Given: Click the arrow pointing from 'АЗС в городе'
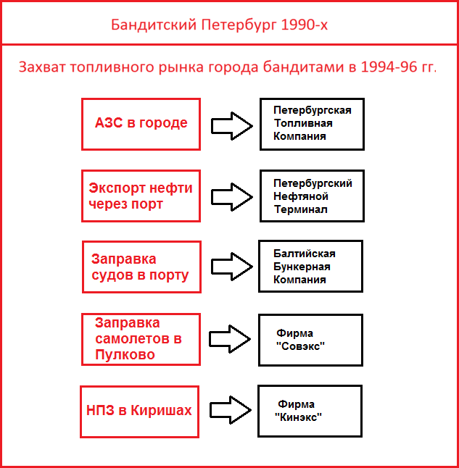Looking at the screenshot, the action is (231, 126).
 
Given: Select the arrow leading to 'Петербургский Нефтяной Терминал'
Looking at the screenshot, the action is (231, 197).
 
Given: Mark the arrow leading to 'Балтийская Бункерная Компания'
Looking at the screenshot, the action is (231, 267).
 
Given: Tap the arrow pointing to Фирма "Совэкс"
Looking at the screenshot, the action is (229, 339).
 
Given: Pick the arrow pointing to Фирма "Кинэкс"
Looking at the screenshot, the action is (230, 410).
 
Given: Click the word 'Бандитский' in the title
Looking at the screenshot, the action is (154, 25).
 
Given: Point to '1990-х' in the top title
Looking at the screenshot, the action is (305, 25).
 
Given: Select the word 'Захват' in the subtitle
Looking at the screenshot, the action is (42, 67).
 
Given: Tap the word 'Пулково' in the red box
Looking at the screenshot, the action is (125, 355).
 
